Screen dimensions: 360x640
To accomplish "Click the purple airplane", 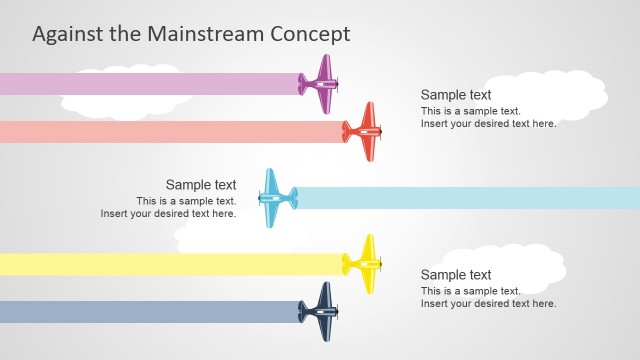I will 321,84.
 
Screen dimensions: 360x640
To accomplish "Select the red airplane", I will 364,131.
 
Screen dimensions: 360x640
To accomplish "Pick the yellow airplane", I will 364,264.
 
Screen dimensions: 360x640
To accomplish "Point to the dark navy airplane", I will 320,312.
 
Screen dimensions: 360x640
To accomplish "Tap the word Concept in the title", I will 310,33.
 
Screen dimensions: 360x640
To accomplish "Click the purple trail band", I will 150,84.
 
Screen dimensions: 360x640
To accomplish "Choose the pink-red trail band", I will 170,131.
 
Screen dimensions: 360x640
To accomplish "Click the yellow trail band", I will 170,264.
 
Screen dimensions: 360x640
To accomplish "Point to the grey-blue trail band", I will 150,312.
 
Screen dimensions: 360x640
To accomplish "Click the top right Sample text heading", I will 456,95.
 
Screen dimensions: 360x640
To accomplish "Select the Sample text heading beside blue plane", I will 201,185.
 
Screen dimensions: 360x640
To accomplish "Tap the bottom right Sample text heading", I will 456,275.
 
